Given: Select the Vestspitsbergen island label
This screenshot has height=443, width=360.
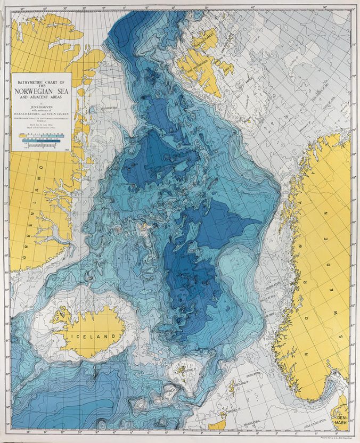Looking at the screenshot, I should tap(199, 68).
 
